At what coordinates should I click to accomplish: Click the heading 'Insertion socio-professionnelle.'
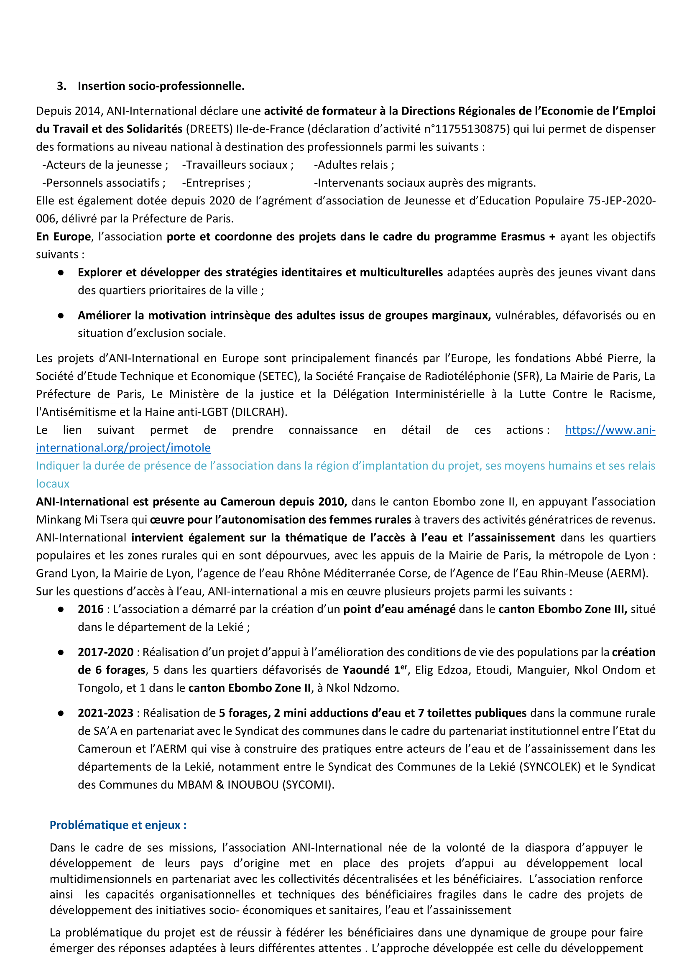[x=161, y=86]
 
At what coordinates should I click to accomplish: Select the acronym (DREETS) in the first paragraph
[x=209, y=129]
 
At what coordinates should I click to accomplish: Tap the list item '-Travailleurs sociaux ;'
[x=238, y=165]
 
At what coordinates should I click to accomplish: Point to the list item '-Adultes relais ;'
[x=354, y=165]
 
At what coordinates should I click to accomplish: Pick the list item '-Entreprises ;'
[x=217, y=183]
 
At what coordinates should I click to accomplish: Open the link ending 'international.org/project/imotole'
[x=123, y=448]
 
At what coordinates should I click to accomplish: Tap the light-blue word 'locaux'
[x=52, y=484]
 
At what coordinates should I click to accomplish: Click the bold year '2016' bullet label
[x=91, y=609]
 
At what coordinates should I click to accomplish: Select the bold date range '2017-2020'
[x=106, y=652]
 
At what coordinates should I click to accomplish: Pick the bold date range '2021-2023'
[x=106, y=713]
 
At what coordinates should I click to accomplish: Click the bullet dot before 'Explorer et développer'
[x=61, y=273]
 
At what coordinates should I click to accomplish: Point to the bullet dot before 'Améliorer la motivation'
[x=61, y=316]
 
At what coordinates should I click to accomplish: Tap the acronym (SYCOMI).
[x=308, y=784]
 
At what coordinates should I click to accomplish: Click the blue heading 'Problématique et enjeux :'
[x=118, y=825]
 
